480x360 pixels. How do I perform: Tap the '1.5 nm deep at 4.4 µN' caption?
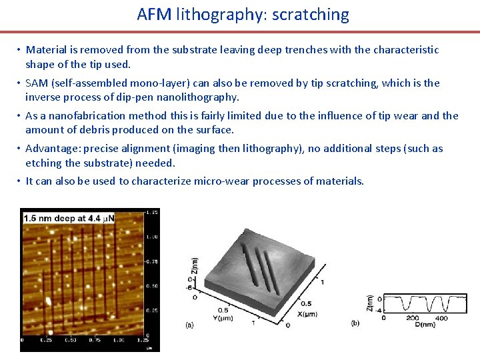(69, 217)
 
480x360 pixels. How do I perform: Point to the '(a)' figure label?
(189, 325)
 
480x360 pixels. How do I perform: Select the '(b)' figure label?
(355, 323)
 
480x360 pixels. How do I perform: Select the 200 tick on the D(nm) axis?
(413, 318)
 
